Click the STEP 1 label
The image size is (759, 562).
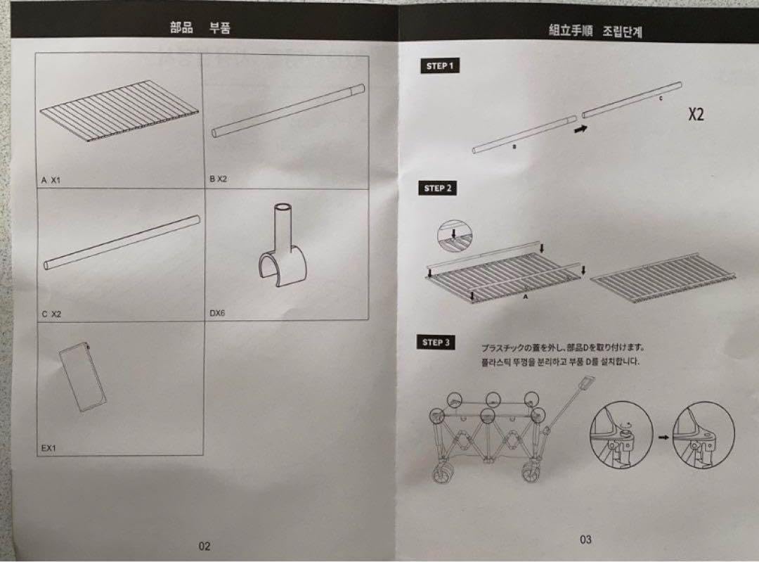pyautogui.click(x=440, y=67)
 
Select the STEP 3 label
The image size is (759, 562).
pyautogui.click(x=436, y=343)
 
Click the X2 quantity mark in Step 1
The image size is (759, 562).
pyautogui.click(x=695, y=115)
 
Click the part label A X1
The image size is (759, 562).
pyautogui.click(x=51, y=180)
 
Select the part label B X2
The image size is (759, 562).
pyautogui.click(x=218, y=179)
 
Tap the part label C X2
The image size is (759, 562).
pyautogui.click(x=51, y=314)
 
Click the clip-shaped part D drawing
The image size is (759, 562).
pyautogui.click(x=281, y=248)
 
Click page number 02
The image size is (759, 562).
pyautogui.click(x=205, y=545)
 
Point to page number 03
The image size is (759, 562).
pyautogui.click(x=585, y=539)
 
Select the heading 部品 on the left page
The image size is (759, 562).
pyautogui.click(x=181, y=29)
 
